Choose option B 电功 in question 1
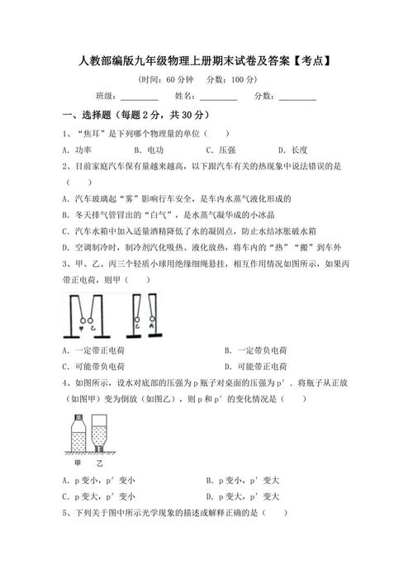(x=152, y=150)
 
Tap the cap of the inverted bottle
(x=99, y=450)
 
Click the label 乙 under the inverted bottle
(x=99, y=465)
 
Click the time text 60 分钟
(x=179, y=79)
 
